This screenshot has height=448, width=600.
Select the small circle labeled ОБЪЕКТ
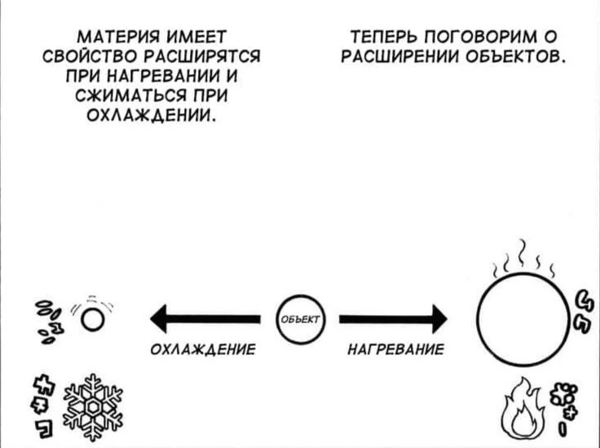click(300, 317)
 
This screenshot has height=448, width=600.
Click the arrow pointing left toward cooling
click(204, 317)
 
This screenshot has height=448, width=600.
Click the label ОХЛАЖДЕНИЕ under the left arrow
click(203, 349)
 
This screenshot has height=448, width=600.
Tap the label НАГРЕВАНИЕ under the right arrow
click(395, 349)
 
